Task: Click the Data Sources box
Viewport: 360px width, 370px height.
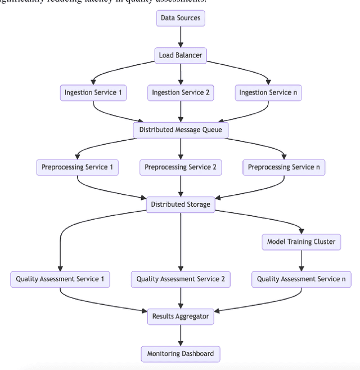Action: click(181, 18)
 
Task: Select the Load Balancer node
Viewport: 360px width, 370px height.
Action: click(181, 55)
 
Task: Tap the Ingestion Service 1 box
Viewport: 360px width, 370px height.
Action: click(93, 92)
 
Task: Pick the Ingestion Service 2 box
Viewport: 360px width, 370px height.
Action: click(181, 92)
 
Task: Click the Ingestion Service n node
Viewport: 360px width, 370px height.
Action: click(268, 92)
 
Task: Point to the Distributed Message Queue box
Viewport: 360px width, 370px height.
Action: click(181, 130)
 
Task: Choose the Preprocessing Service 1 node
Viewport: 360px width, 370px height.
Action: click(77, 167)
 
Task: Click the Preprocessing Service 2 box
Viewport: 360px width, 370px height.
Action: click(181, 167)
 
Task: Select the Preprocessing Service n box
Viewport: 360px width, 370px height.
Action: click(284, 167)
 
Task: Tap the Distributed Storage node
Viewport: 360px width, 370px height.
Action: click(181, 204)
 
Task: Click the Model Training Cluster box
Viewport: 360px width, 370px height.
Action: click(301, 242)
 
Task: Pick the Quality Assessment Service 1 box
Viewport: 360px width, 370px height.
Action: click(60, 279)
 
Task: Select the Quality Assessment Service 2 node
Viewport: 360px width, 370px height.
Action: click(181, 279)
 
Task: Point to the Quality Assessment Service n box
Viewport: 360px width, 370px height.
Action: click(301, 279)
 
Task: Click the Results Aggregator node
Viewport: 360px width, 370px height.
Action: click(181, 316)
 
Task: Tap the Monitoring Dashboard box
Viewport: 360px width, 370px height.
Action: click(181, 354)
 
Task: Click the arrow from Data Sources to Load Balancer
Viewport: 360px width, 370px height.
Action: click(181, 37)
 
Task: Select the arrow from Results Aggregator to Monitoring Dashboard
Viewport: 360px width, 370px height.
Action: click(181, 335)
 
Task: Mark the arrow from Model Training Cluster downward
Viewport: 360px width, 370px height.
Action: click(301, 260)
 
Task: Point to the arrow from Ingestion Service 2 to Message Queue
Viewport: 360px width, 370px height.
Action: click(181, 111)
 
